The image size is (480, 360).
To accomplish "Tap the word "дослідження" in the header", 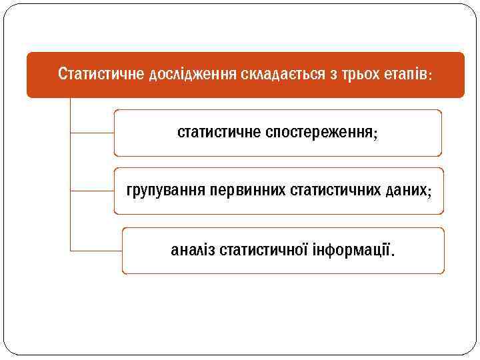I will point(188,73).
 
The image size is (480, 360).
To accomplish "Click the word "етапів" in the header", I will point(399,73).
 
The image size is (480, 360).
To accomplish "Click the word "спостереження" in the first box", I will point(318,132).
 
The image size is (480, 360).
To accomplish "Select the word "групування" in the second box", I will point(165,191).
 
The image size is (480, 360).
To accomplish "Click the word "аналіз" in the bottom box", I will point(193,251).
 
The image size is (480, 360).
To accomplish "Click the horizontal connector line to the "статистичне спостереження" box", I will point(92,133).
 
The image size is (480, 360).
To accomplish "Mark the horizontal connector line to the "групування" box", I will point(92,191).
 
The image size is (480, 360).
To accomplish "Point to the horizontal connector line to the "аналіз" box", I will point(96,251).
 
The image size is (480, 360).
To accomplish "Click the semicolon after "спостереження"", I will point(375,133).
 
